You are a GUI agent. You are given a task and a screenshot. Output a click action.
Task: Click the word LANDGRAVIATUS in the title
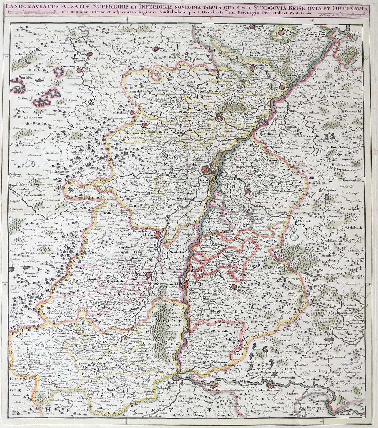click(29, 9)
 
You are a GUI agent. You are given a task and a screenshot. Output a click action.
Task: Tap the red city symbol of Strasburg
click(206, 170)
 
